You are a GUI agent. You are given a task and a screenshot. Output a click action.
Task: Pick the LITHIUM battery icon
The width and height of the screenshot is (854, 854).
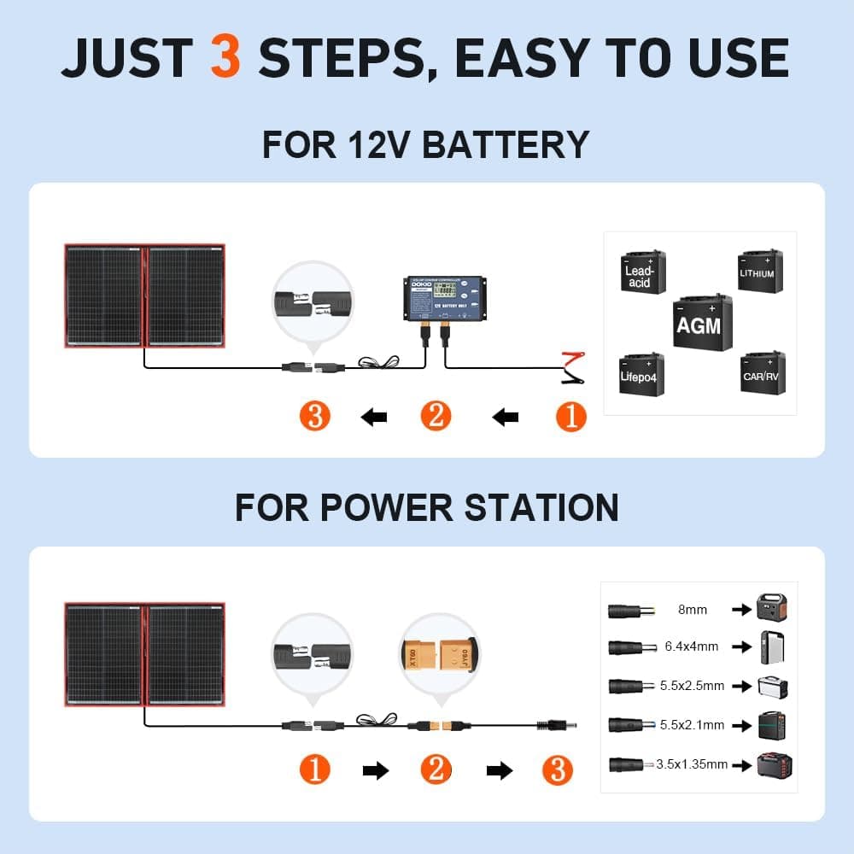pyautogui.click(x=759, y=271)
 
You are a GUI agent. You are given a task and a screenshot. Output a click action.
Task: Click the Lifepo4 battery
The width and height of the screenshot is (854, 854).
pyautogui.click(x=640, y=373)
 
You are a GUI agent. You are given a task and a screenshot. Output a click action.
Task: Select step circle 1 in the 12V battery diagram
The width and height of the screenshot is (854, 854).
pyautogui.click(x=571, y=417)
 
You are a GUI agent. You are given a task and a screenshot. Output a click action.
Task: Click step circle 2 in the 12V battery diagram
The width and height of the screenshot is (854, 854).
pyautogui.click(x=436, y=417)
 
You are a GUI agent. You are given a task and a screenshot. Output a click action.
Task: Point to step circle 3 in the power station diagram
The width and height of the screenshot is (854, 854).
pyautogui.click(x=558, y=770)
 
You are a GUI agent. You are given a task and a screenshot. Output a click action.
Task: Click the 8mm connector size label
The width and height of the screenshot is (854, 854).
pyautogui.click(x=692, y=610)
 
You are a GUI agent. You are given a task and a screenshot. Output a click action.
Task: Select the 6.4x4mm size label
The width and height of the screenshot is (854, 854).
pyautogui.click(x=692, y=646)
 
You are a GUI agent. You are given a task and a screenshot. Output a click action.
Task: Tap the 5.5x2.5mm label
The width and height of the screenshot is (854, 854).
pyautogui.click(x=692, y=686)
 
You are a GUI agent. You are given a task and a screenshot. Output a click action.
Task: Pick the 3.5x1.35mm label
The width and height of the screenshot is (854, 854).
pyautogui.click(x=692, y=764)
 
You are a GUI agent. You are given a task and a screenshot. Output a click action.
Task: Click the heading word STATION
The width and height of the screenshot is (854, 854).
pyautogui.click(x=541, y=507)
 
